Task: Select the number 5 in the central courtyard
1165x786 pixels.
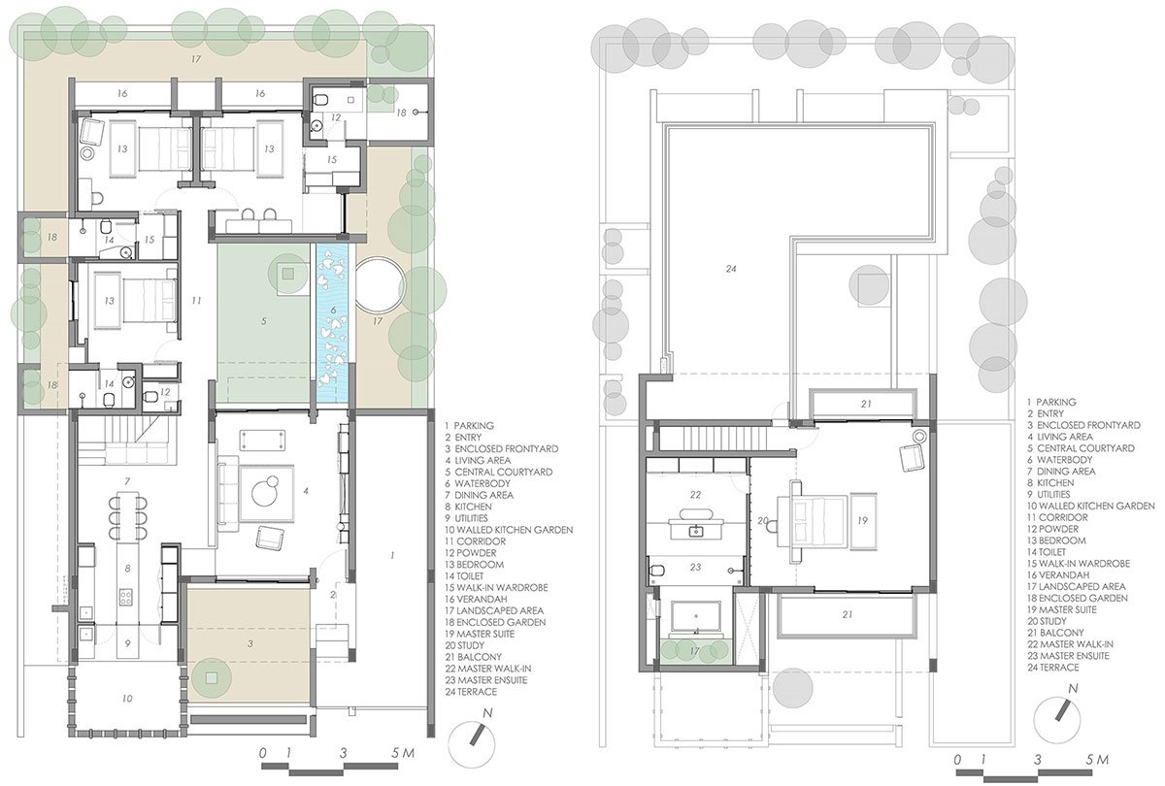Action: pos(263,317)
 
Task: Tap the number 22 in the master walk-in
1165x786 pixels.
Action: pos(694,495)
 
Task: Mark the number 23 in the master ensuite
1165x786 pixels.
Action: pos(695,570)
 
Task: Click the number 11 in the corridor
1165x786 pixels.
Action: pos(196,299)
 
